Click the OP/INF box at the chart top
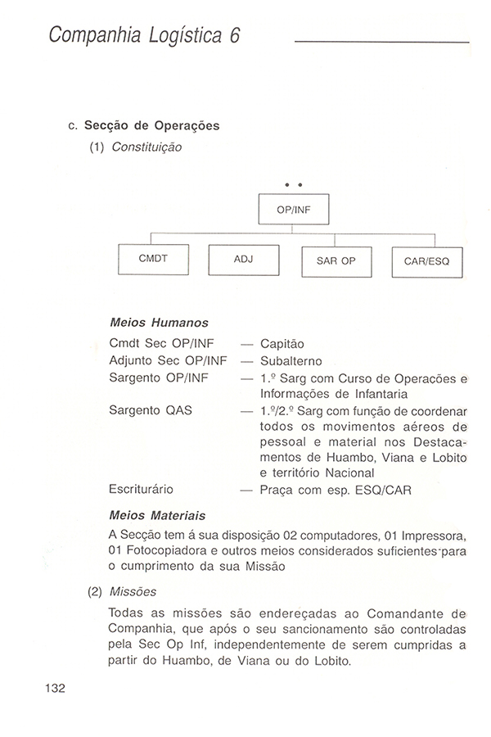click(293, 209)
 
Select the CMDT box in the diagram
click(153, 259)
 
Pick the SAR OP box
click(336, 261)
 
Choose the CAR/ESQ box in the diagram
click(426, 262)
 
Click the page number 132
click(55, 687)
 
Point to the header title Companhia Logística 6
click(143, 36)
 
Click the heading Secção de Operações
click(152, 126)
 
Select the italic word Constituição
click(146, 147)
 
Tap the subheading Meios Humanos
click(158, 323)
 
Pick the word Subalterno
click(291, 360)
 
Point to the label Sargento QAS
click(151, 409)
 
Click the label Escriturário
click(141, 489)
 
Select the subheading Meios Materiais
click(157, 516)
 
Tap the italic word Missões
click(133, 591)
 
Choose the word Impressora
click(430, 536)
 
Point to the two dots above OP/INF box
click(293, 183)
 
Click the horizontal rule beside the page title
click(381, 41)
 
